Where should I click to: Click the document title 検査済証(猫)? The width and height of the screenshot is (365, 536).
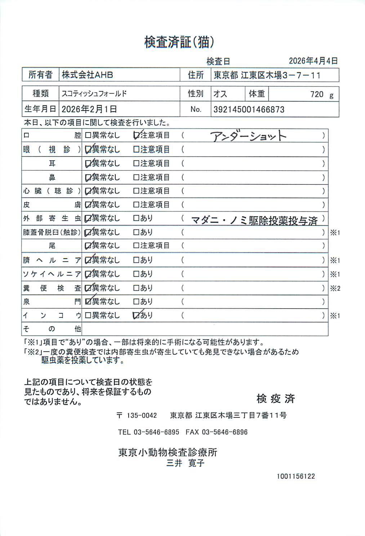[x=179, y=42]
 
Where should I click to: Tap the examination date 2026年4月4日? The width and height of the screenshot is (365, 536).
[x=313, y=61]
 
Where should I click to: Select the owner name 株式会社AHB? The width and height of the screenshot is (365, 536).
[x=88, y=75]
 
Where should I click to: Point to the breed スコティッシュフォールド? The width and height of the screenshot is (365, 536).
[x=94, y=94]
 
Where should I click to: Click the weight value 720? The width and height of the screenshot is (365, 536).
[x=317, y=94]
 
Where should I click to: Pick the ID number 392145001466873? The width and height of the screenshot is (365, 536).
[x=249, y=110]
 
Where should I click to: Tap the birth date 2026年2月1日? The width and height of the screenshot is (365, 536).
[x=89, y=109]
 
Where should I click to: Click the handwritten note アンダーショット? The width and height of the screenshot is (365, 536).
[x=248, y=136]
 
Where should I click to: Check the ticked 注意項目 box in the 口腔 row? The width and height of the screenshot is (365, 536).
[x=137, y=135]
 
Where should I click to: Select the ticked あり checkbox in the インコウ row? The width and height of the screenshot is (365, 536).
[x=136, y=316]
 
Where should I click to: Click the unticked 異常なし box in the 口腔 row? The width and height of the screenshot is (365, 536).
[x=88, y=135]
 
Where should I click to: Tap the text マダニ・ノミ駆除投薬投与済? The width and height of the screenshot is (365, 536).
[x=254, y=220]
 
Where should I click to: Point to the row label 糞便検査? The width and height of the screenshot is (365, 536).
[x=52, y=288]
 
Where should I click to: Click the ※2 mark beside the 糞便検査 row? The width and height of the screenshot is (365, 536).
[x=335, y=288]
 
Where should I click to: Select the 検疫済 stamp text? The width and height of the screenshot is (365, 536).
[x=276, y=398]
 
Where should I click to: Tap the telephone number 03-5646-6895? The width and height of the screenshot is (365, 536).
[x=156, y=432]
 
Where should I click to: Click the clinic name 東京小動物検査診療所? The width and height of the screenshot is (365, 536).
[x=168, y=452]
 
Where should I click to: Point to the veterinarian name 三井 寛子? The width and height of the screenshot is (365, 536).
[x=185, y=463]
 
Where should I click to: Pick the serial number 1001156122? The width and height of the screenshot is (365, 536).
[x=296, y=476]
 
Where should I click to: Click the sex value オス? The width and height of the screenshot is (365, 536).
[x=220, y=94]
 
